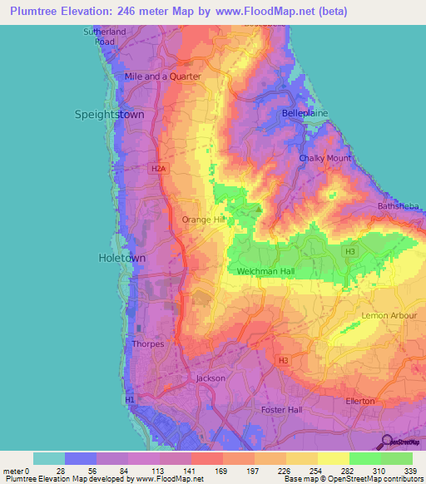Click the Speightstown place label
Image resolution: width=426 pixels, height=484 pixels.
109,114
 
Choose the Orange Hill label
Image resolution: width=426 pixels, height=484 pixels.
204,220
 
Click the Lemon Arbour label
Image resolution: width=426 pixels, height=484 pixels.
384,316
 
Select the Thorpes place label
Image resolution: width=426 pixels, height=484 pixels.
148,343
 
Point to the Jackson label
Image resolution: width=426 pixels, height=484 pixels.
210,378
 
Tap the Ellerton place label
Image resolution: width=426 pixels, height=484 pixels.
361,401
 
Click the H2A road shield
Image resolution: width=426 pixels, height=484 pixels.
158,168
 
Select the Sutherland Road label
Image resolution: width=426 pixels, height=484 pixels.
103,36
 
